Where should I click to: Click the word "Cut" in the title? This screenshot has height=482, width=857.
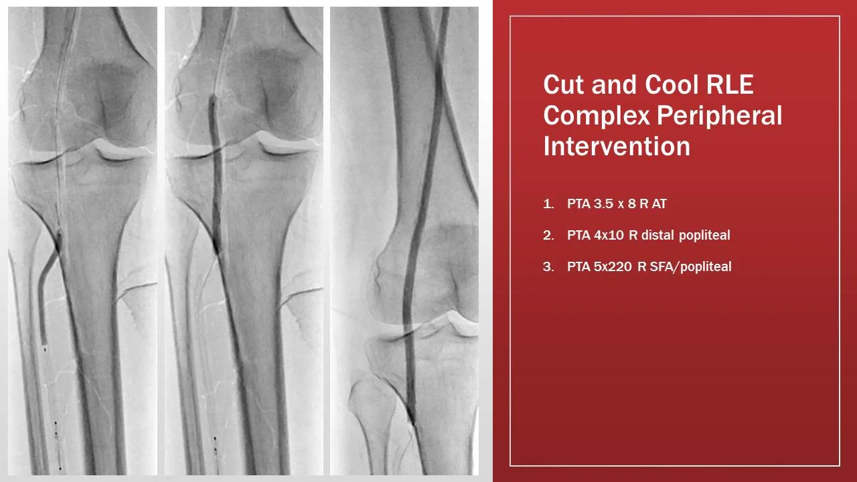(x=562, y=85)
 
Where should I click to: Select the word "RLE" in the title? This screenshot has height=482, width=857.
(x=732, y=85)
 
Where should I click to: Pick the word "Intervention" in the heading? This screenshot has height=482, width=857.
(x=617, y=146)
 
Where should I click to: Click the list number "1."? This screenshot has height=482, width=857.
(x=549, y=204)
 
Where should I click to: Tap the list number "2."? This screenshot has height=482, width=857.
(x=549, y=236)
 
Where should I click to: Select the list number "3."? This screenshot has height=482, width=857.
(x=549, y=266)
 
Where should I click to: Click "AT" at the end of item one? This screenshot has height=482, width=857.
(x=659, y=204)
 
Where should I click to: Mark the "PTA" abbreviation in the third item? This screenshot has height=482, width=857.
(x=578, y=266)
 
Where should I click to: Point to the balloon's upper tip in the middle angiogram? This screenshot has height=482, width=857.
(x=212, y=99)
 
